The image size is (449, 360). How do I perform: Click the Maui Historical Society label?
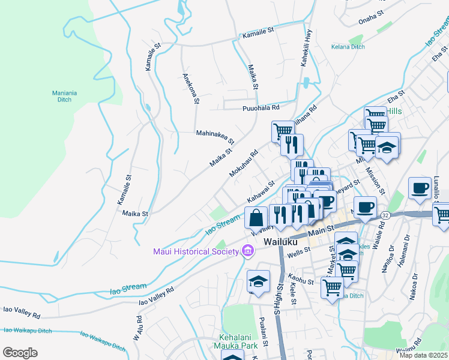[x=196, y=251]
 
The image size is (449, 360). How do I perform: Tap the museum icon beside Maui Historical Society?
[x=247, y=251]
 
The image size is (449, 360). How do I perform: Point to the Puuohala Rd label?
[x=261, y=108]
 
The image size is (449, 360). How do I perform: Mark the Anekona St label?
[x=190, y=88]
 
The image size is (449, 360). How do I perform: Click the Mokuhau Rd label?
[x=243, y=164]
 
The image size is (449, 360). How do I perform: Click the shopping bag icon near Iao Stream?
[x=256, y=217]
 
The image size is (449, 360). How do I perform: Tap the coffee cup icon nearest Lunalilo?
[x=420, y=187]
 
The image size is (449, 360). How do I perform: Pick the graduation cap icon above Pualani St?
[x=258, y=281]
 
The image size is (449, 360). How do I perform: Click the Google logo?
[x=20, y=353]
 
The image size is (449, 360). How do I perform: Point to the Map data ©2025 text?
[x=423, y=355]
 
